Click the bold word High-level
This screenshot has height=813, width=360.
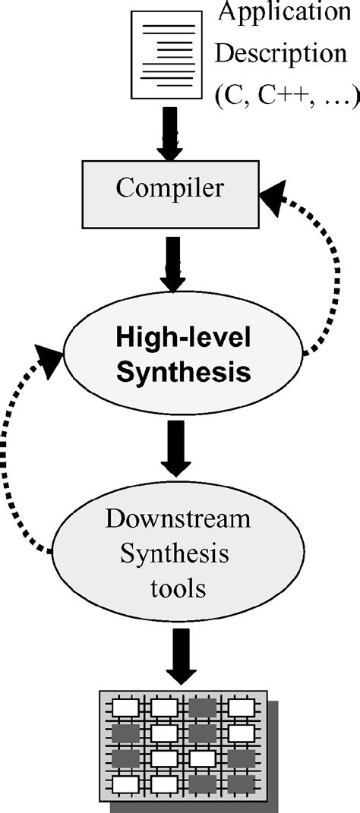(x=182, y=336)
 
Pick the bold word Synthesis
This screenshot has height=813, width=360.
(x=182, y=372)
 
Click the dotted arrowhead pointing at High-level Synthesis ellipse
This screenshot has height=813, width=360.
(x=51, y=364)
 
